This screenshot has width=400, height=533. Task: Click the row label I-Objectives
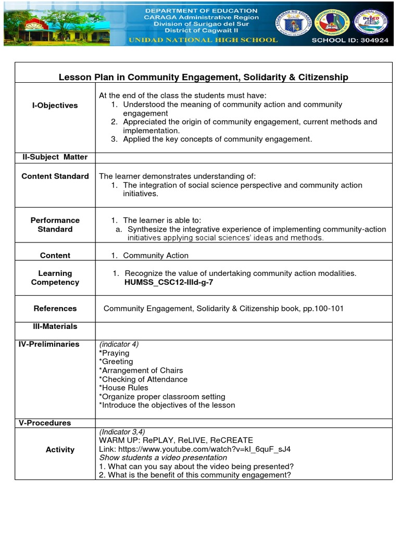pos(55,105)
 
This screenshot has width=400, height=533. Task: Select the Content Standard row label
pos(55,176)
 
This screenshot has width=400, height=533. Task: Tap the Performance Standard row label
pos(55,225)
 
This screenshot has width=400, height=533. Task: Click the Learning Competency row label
pos(55,278)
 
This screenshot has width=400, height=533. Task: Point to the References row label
pos(55,309)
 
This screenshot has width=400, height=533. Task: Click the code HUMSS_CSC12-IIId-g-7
pos(168,282)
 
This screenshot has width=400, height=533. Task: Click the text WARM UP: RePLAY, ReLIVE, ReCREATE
pos(176,440)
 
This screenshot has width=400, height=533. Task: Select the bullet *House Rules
pos(123,388)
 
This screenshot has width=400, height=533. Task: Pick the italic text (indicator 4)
pos(119,344)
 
